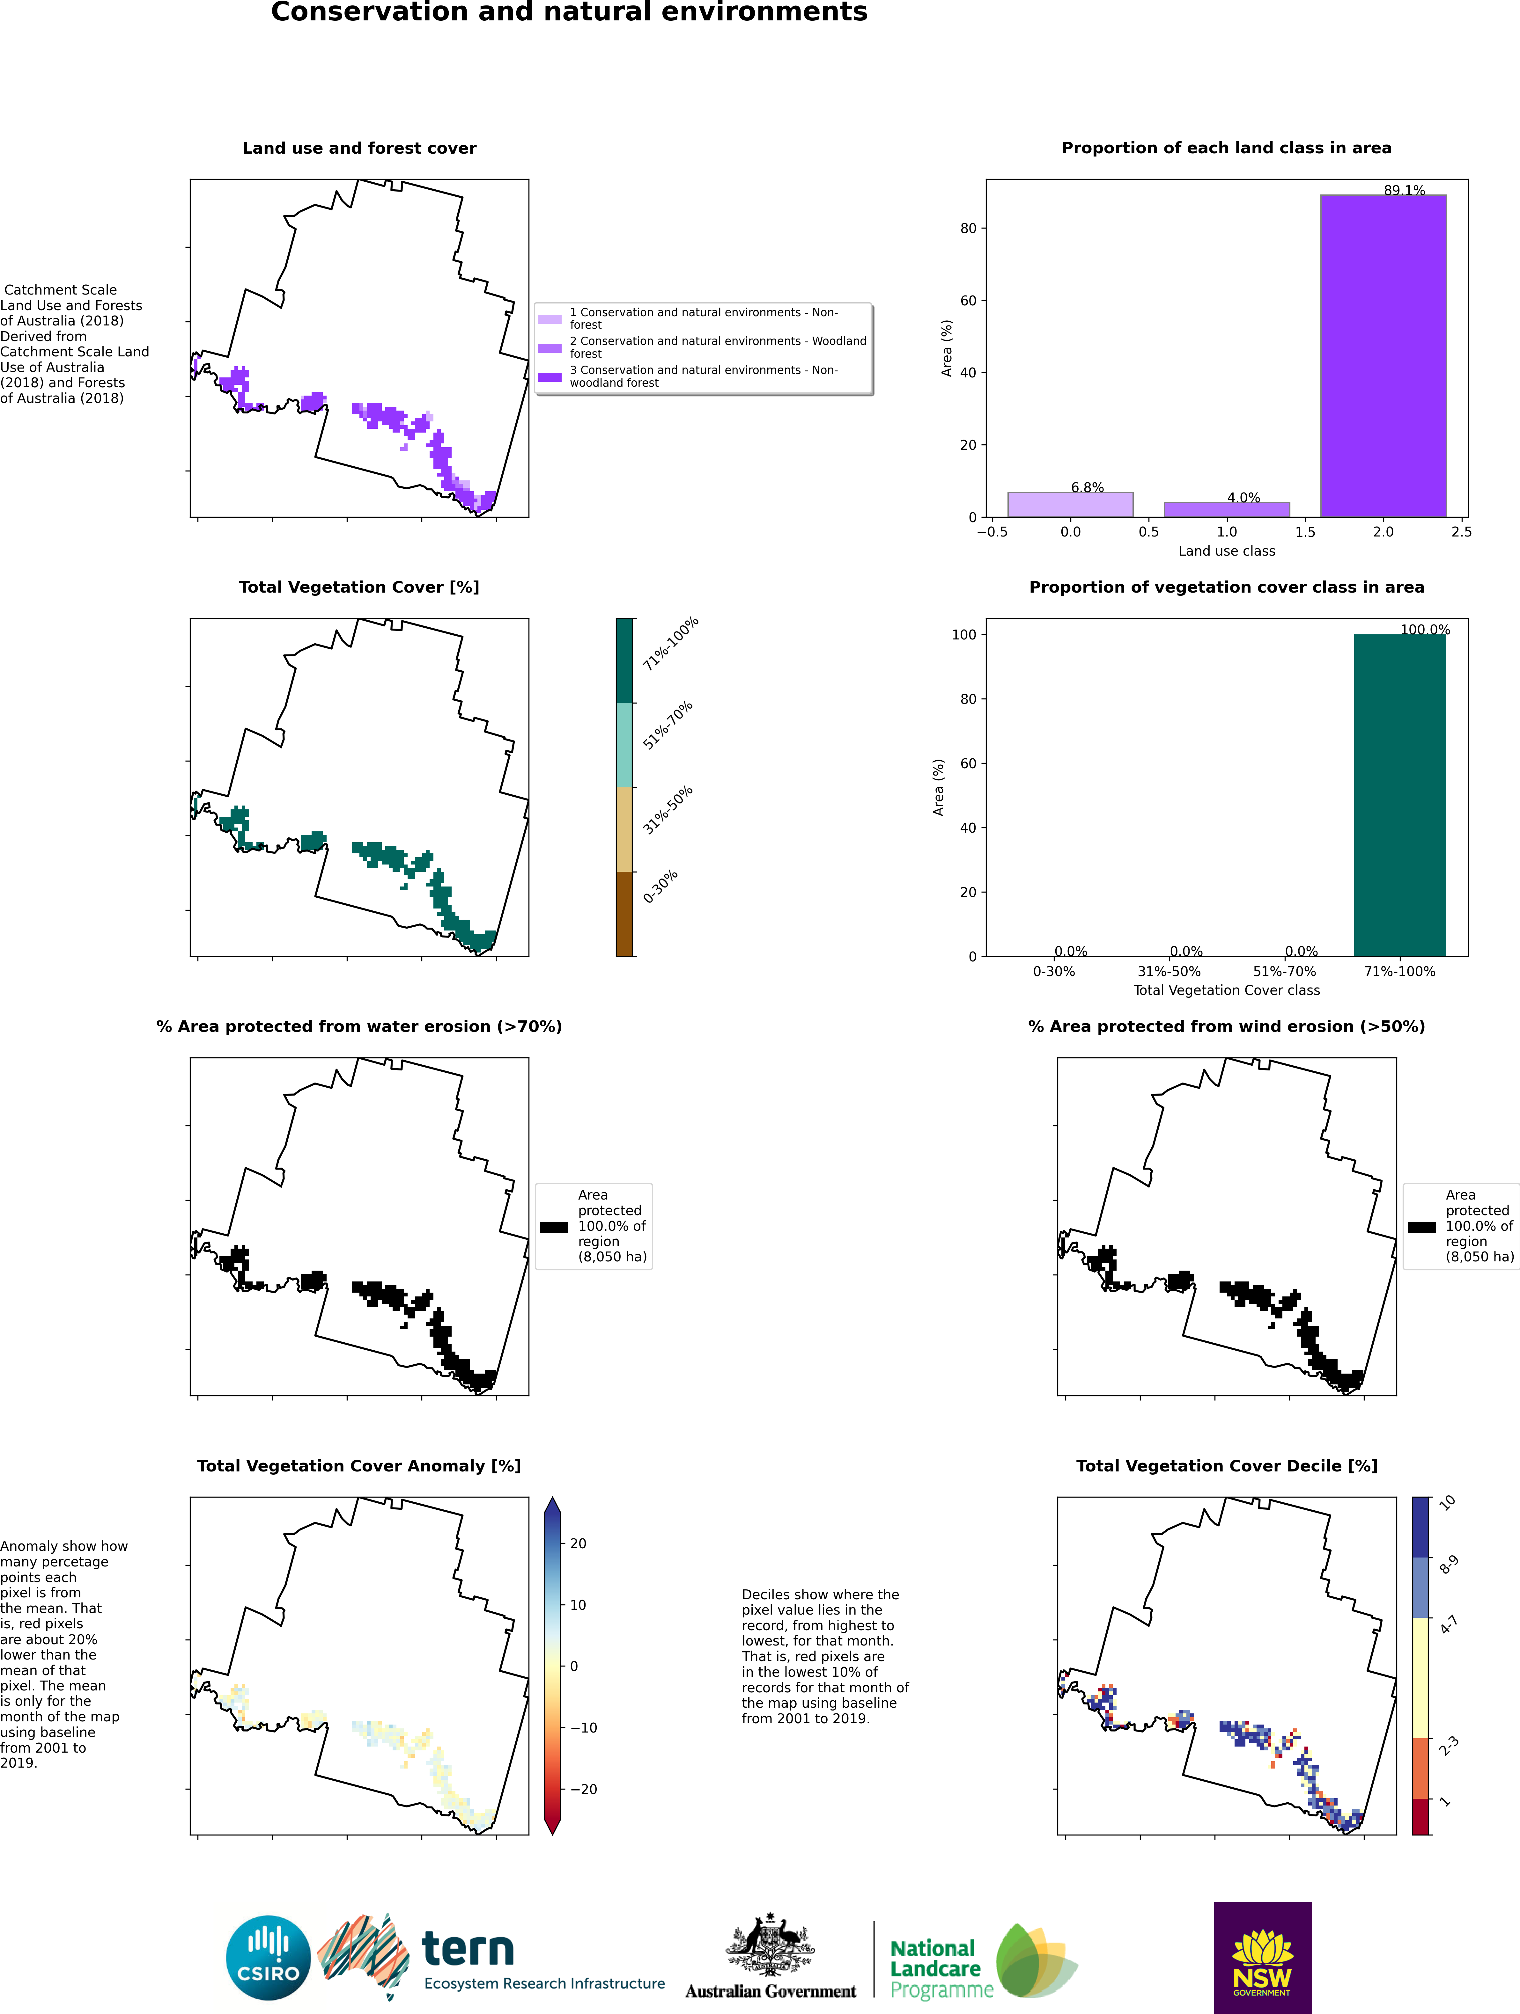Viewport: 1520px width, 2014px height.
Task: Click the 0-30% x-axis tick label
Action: (x=1054, y=972)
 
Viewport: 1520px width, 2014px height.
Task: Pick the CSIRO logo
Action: (x=269, y=1958)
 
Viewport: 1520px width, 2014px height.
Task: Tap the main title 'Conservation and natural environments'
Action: (x=569, y=13)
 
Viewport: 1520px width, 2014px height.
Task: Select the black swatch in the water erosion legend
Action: (x=554, y=1226)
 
